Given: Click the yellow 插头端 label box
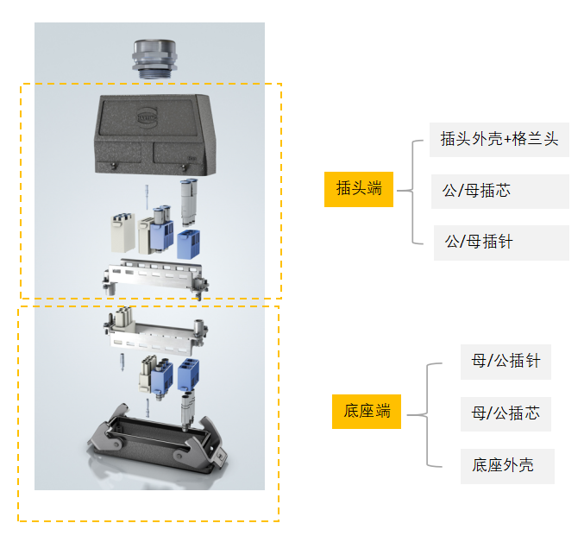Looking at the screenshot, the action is pos(359,189).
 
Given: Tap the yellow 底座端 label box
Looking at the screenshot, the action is pos(367,412).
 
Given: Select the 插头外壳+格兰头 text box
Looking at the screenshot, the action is pos(499,140).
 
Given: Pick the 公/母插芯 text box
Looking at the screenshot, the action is pos(499,191).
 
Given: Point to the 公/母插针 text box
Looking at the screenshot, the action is pos(501,243).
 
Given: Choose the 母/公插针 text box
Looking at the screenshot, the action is pos(506,362).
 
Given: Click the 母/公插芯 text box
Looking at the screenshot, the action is pos(506,414).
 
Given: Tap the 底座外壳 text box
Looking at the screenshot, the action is pos(507,466).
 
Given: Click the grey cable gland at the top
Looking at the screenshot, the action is pos(154,59).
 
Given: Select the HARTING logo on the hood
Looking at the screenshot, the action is pos(148,117).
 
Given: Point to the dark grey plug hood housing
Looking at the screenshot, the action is pos(155,135).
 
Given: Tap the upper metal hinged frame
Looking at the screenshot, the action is pos(154,278).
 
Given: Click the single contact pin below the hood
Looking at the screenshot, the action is pos(147,197).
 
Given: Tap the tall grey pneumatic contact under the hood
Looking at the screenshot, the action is pos(189,202).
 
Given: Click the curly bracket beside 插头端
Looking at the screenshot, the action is pos(412,192).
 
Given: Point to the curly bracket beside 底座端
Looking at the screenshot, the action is pos(427,414).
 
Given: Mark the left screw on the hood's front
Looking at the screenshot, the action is pos(113,167).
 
